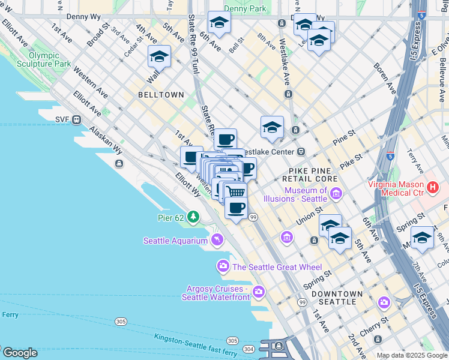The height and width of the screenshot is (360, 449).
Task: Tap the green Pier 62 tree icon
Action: click(x=193, y=216)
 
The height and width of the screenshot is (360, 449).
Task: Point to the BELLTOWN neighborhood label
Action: click(x=160, y=95)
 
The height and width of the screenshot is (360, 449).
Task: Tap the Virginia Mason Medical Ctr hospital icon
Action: click(x=432, y=189)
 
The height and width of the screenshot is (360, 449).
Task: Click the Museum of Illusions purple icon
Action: click(x=336, y=194)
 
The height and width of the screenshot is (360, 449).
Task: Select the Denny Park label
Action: click(x=244, y=8)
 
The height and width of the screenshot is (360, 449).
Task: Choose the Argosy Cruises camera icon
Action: click(x=259, y=292)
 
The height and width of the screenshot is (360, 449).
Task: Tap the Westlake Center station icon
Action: click(x=301, y=152)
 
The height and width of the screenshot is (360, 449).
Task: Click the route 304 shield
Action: click(x=248, y=349)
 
